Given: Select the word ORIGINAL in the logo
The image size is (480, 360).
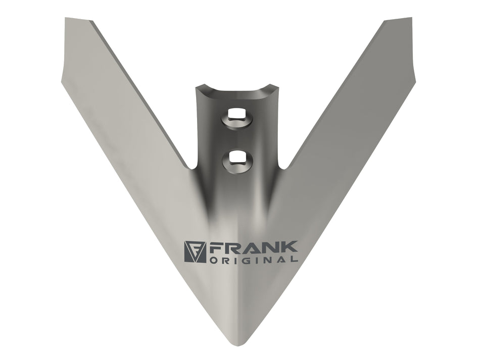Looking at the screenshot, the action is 253,260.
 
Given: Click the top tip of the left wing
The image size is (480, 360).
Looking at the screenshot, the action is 66,18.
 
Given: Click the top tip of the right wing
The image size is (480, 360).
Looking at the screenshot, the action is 411,18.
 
